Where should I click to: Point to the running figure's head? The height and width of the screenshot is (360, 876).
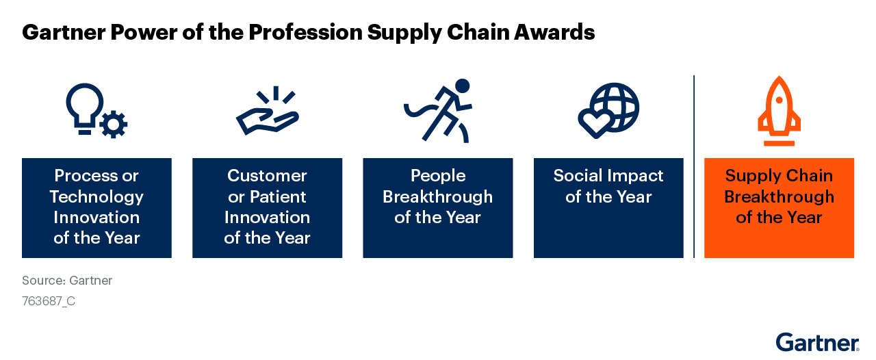click(463, 86)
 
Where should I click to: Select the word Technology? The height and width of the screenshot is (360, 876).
click(96, 197)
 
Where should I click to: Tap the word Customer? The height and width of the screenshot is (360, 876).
click(267, 176)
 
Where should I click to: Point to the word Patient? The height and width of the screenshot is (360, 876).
click(277, 197)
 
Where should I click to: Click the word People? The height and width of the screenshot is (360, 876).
click(438, 176)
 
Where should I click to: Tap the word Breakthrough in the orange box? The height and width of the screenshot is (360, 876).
click(779, 197)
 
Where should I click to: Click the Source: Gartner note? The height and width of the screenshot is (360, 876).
click(67, 281)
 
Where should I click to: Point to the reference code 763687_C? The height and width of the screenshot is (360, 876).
click(49, 301)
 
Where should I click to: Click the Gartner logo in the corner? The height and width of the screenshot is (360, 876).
click(817, 342)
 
